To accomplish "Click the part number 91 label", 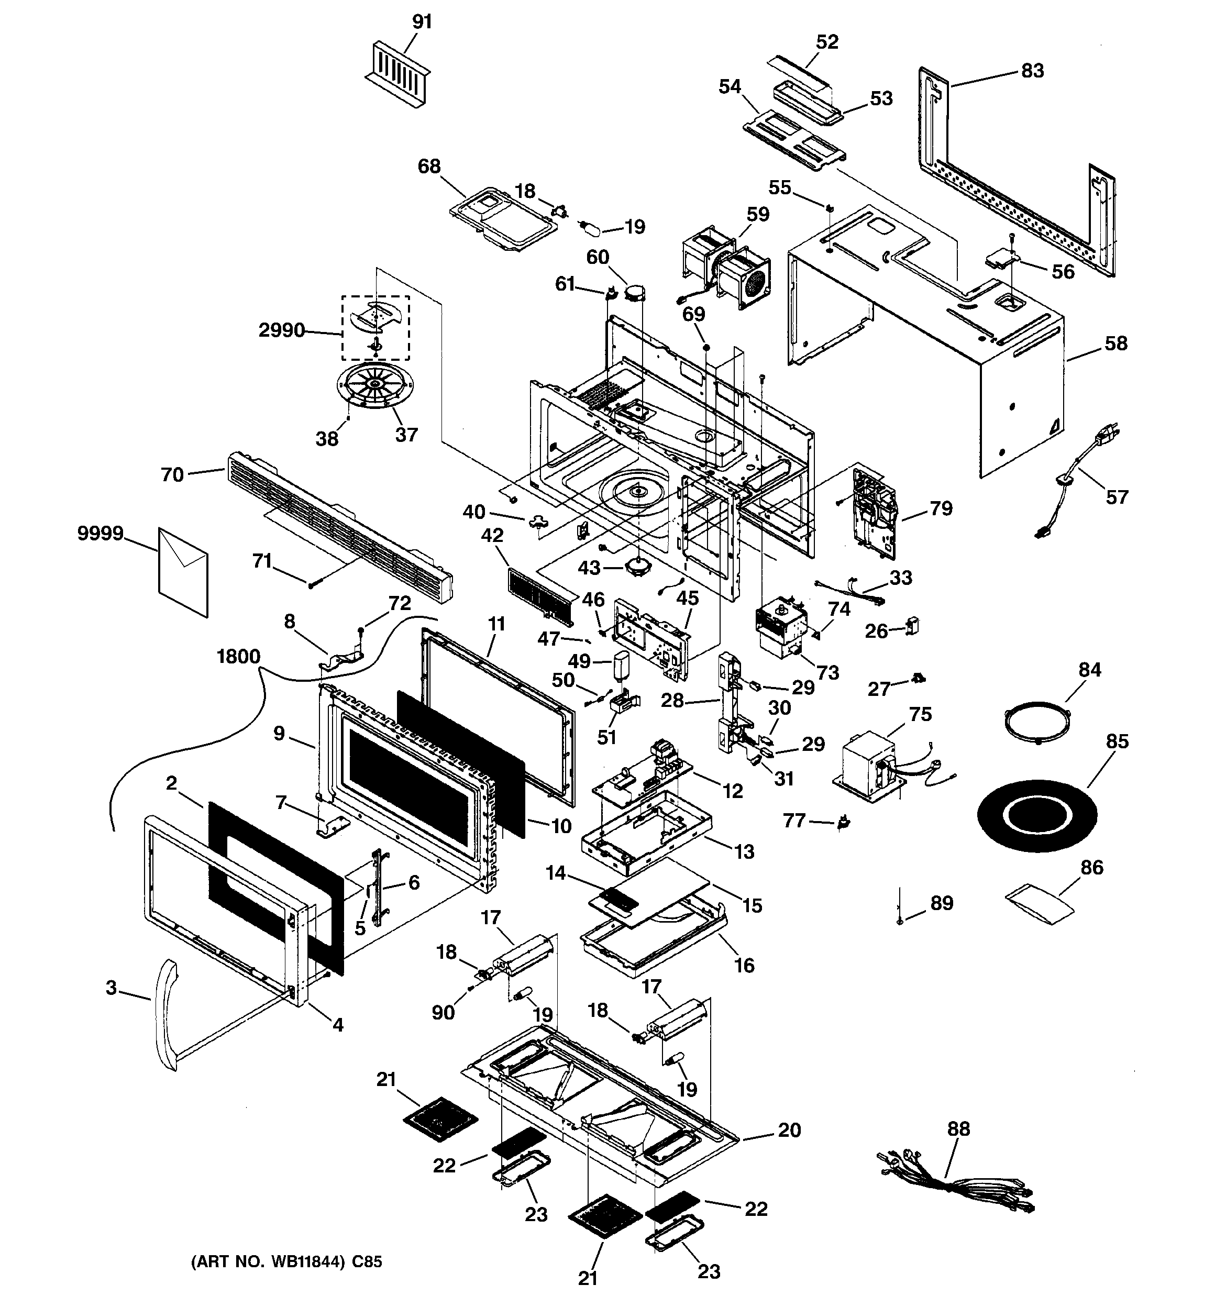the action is tap(422, 21).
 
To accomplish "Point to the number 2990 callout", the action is tap(282, 330).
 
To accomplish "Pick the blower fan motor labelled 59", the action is tap(726, 267).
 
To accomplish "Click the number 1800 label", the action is tap(238, 657).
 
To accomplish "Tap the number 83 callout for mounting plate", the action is tap(1032, 70).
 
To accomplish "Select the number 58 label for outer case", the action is tap(1116, 344).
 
